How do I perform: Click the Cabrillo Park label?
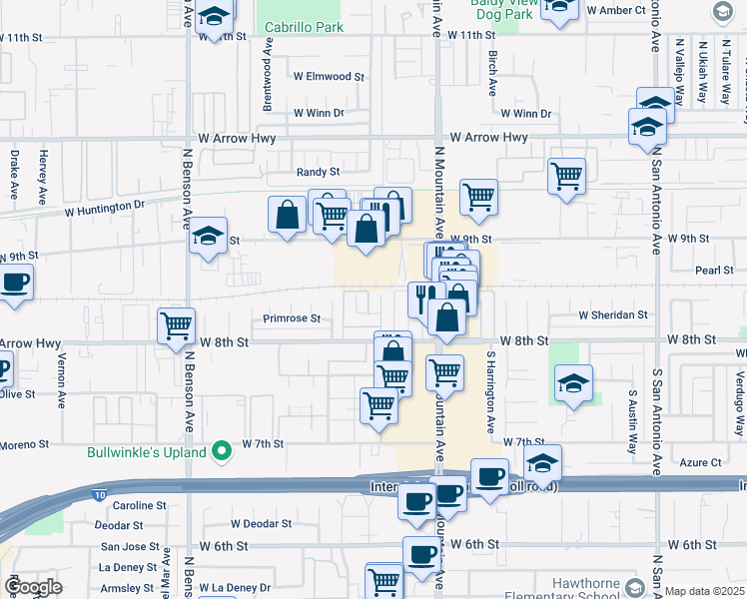click(303, 28)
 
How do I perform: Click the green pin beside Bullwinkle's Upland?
click(223, 452)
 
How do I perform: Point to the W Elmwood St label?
click(329, 76)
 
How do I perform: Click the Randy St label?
click(319, 172)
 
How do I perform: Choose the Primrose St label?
click(292, 319)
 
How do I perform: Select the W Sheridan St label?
click(613, 315)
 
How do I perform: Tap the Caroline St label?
click(141, 506)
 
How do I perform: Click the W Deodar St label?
click(261, 523)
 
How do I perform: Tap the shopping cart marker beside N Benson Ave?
click(176, 325)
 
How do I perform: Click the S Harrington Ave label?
click(490, 391)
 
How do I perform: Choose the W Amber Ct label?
click(624, 10)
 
